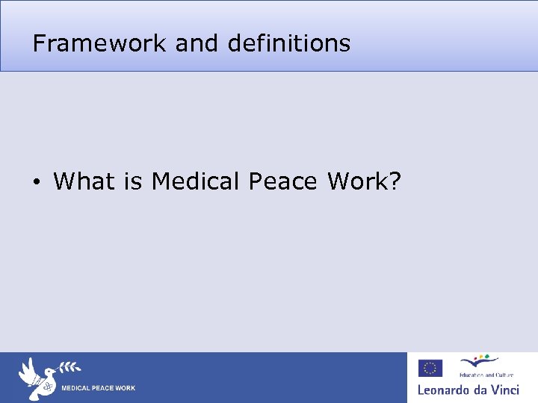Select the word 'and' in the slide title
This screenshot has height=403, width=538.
pos(198,43)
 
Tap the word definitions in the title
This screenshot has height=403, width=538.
pos(289,43)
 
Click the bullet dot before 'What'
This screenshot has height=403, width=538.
pos(36,181)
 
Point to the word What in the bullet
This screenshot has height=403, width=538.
pos(84,181)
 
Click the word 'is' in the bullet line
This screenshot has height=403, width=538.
pos(133,181)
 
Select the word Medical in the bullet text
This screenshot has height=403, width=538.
pos(196,181)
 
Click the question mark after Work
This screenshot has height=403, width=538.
pos(394,181)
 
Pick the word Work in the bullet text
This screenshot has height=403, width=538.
pos(355,181)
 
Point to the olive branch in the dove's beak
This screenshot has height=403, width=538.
pos(69,366)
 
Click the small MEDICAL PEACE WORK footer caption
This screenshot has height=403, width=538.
pos(98,388)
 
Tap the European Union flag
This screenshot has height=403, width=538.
pos(430,368)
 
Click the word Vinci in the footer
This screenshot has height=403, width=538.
pos(504,390)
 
